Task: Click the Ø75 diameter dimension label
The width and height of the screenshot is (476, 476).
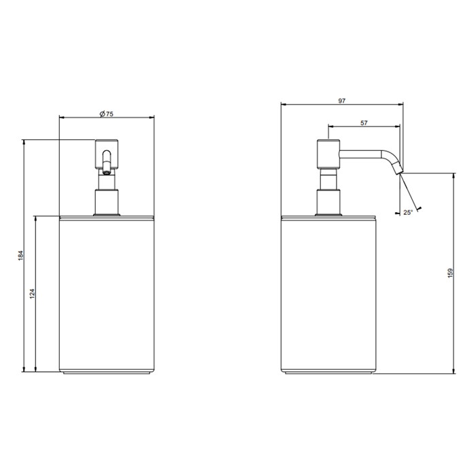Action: [105, 114]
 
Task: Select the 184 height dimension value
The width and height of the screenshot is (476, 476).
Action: [21, 256]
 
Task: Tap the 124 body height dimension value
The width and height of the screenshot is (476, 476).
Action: [32, 294]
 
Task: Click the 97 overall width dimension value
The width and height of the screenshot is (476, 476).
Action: [341, 101]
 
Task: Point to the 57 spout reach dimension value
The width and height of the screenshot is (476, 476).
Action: [364, 122]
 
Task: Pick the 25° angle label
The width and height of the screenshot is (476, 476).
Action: [407, 213]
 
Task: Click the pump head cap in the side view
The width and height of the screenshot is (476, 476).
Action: [327, 153]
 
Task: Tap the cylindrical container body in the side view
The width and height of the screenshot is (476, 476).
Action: [328, 292]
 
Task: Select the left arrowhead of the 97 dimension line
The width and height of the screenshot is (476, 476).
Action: [284, 105]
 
